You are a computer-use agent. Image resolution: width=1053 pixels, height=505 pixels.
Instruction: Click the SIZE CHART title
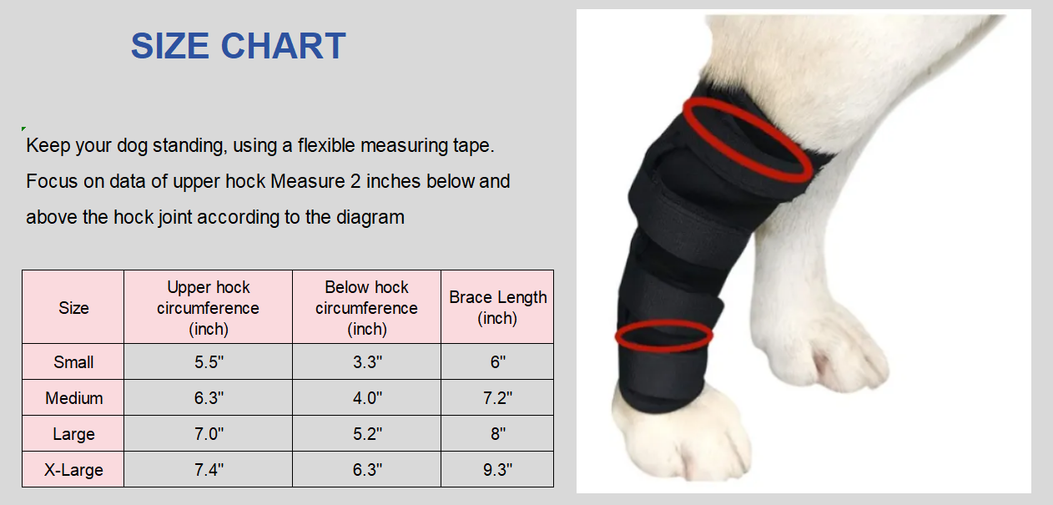point(238,46)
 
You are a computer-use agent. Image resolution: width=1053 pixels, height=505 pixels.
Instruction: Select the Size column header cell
point(73,307)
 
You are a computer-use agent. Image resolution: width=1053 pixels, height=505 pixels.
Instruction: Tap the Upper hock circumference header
point(208,307)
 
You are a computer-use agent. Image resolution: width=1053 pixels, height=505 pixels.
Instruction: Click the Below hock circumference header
point(366,307)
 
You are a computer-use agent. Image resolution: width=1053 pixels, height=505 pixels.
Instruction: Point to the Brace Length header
point(497,307)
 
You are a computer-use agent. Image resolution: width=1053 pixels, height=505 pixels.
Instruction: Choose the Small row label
point(73,362)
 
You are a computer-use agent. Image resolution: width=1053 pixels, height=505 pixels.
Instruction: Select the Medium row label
point(73,398)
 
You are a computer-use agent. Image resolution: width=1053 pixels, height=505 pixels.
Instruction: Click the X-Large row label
point(73,470)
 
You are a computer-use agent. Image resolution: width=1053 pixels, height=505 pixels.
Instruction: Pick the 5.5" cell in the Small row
point(208,362)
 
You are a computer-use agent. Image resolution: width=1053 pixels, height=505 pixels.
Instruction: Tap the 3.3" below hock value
point(366,362)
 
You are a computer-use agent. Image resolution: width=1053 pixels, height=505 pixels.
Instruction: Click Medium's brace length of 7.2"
point(497,398)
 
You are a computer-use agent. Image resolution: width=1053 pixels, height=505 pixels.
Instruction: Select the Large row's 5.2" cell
point(366,434)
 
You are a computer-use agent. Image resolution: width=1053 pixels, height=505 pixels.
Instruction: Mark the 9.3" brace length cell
point(497,470)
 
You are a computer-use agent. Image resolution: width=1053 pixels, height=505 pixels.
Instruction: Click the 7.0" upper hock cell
point(208,434)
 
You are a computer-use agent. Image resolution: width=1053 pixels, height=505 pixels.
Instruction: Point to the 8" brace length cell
point(497,434)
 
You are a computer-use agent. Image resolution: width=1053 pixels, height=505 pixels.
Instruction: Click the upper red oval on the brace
point(747,139)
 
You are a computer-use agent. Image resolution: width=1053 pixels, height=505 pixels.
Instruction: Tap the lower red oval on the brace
point(664,335)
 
